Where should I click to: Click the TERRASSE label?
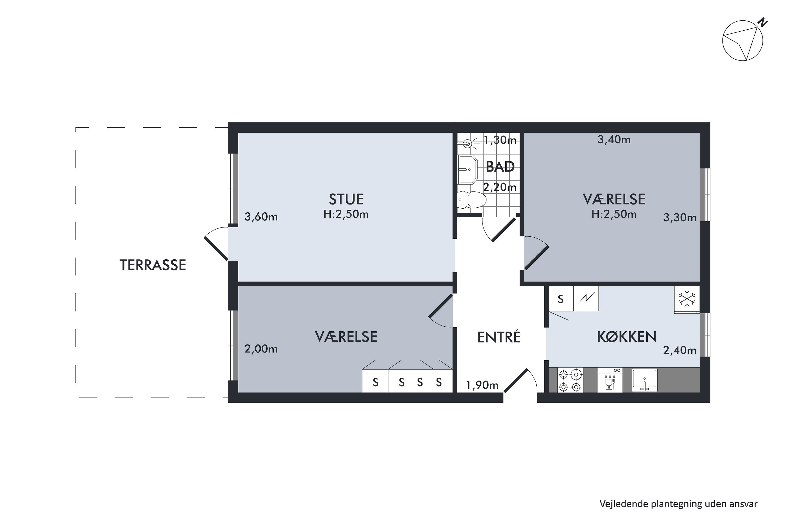point(153,265)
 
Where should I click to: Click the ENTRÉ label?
point(499,337)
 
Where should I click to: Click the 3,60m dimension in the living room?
point(261,217)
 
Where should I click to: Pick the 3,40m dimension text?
point(614,140)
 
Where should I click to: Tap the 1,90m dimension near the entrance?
point(482,385)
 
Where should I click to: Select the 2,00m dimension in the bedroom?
point(261,349)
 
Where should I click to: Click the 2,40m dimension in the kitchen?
point(680,350)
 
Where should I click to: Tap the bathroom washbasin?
point(468,169)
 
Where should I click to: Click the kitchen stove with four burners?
point(570,380)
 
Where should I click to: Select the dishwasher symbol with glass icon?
point(609,380)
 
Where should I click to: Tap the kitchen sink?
point(644,380)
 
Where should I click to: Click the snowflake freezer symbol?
point(687,299)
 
